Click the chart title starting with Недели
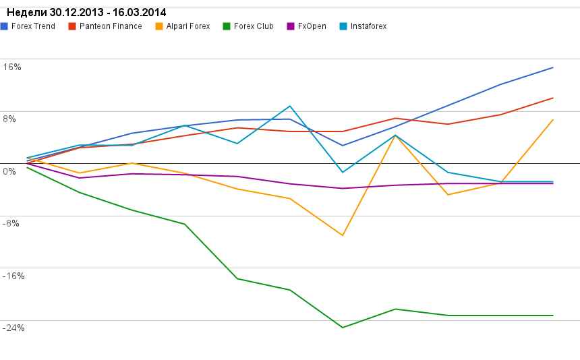click(86, 13)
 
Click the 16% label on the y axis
click(12, 67)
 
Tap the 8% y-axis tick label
click(9, 119)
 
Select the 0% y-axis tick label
click(9, 171)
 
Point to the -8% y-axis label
click(11, 223)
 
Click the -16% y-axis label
click(13, 276)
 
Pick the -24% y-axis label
click(13, 328)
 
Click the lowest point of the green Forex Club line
click(343, 328)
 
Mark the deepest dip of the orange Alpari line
click(343, 235)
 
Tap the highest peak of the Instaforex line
click(290, 106)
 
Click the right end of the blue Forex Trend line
click(553, 67)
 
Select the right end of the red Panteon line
click(553, 98)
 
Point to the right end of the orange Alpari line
click(553, 120)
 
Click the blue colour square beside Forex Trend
click(5, 26)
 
